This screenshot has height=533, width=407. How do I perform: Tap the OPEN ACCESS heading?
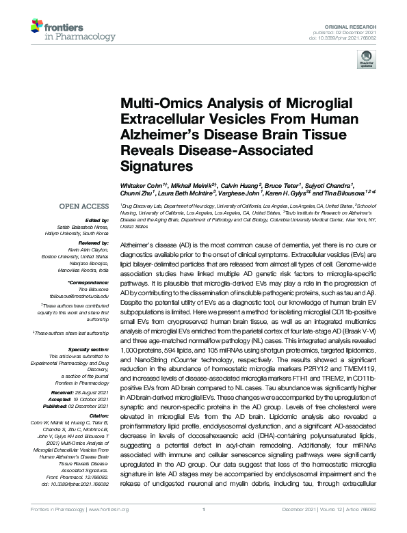click(83, 206)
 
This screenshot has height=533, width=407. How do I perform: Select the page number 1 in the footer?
click(204, 527)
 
